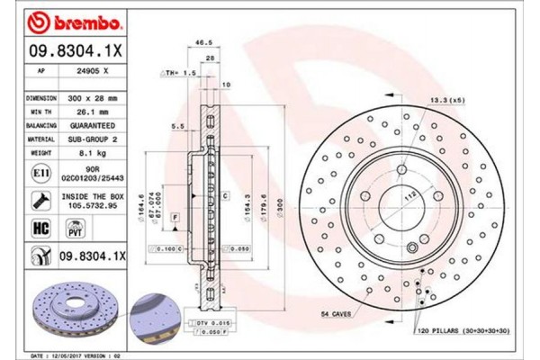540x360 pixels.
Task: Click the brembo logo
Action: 64,19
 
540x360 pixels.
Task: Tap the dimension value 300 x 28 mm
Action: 95,95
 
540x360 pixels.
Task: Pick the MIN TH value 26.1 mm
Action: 93,107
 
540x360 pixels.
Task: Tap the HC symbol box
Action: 40,228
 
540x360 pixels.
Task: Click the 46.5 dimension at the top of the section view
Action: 203,42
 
